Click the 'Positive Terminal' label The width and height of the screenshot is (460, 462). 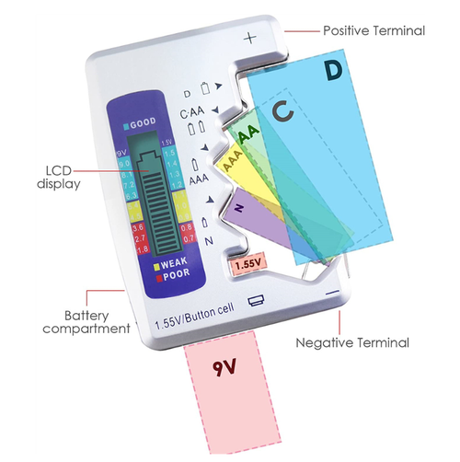(x=374, y=30)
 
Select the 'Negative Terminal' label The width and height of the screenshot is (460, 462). (x=351, y=342)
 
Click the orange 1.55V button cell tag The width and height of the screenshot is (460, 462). (x=246, y=264)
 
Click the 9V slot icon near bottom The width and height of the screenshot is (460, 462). (x=255, y=299)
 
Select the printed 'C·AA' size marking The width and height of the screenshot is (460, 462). (x=194, y=112)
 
